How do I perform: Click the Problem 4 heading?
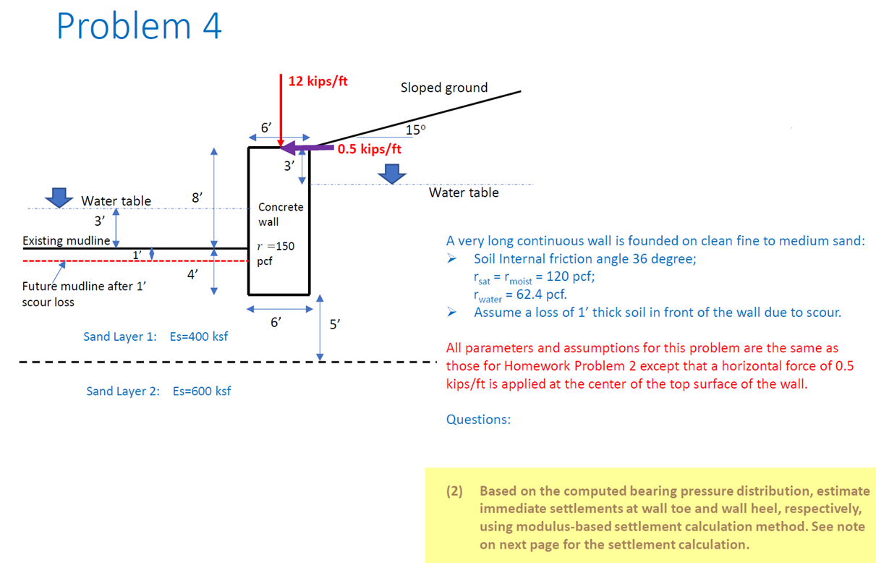(x=139, y=27)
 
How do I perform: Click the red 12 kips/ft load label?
(x=318, y=81)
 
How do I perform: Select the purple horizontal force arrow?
(x=308, y=148)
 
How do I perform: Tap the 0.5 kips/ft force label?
(x=369, y=150)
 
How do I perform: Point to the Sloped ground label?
(x=444, y=88)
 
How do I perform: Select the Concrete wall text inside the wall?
(x=280, y=214)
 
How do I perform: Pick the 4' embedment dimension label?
(x=192, y=274)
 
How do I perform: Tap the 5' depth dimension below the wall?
(x=334, y=324)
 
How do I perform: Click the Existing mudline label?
(x=66, y=240)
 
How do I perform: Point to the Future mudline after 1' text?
(x=84, y=286)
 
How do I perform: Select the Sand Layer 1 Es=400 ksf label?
(x=156, y=336)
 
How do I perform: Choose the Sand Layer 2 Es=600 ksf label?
(x=158, y=391)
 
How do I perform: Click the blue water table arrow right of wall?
(x=391, y=173)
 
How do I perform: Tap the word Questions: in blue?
(x=478, y=420)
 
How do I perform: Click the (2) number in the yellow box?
(x=454, y=491)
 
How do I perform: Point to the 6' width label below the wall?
(x=275, y=323)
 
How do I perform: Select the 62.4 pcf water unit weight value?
(x=536, y=295)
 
